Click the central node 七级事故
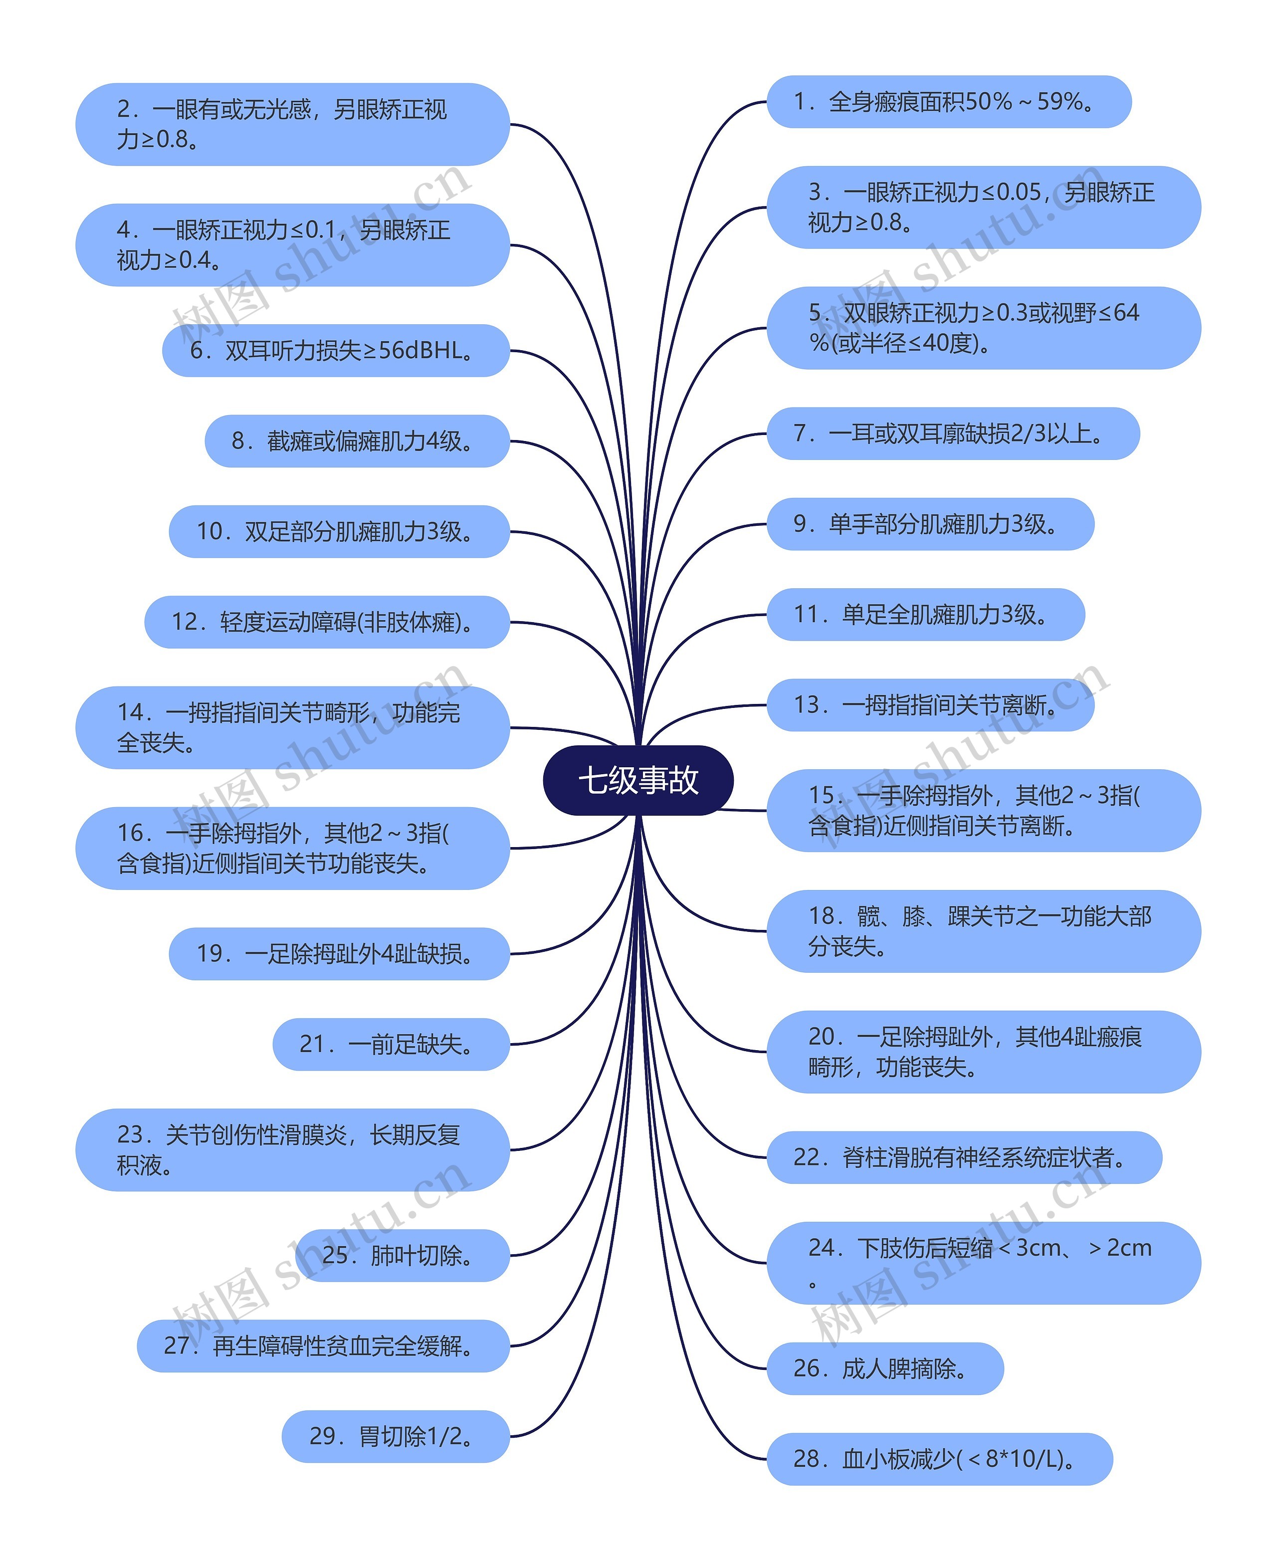(x=638, y=780)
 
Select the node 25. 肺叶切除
(x=402, y=1255)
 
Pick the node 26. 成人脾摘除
(x=885, y=1368)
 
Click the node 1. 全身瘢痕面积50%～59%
(x=948, y=101)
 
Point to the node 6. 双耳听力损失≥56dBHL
(x=335, y=350)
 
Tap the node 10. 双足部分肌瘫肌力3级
(x=339, y=531)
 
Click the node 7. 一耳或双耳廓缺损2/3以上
(x=953, y=434)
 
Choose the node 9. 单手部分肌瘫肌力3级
(x=930, y=524)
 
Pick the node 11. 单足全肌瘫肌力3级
(x=925, y=614)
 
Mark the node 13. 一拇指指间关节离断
(x=930, y=705)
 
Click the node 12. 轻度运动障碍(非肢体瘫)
(x=327, y=622)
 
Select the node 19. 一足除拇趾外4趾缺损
(x=339, y=953)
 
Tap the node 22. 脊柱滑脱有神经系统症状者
(x=964, y=1157)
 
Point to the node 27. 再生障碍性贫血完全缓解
(x=323, y=1345)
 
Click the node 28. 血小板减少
(x=939, y=1459)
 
